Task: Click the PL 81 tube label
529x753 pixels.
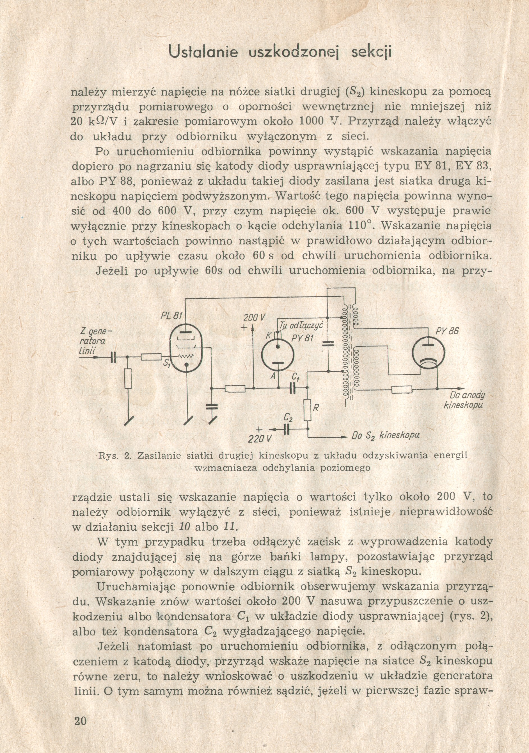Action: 171,316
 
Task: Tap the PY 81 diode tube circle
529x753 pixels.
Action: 278,355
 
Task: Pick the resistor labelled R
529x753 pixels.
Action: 308,410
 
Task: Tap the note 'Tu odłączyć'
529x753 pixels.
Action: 301,325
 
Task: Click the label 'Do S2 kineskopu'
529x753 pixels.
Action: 385,436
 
